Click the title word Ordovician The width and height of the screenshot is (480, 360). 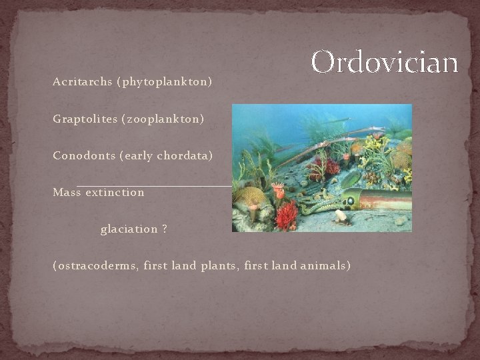click(x=385, y=62)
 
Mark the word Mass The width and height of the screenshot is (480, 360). click(x=66, y=193)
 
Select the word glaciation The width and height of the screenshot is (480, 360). click(x=129, y=229)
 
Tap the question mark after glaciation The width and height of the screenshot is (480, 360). click(x=164, y=229)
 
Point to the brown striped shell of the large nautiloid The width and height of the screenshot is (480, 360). click(x=387, y=198)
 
